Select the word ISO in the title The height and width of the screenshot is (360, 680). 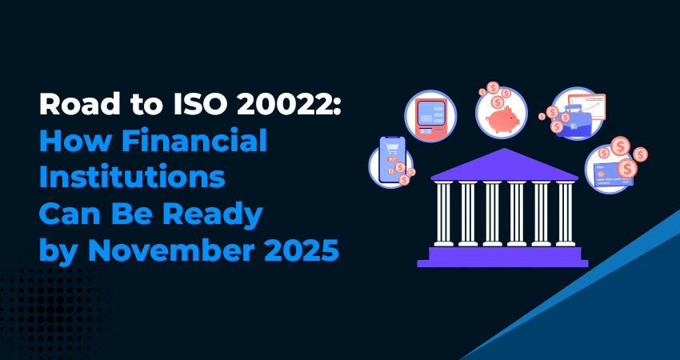(197, 105)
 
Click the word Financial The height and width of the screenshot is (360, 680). (194, 141)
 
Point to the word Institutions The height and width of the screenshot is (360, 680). (132, 178)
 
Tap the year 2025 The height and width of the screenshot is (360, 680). (293, 251)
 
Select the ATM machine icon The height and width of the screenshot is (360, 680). (430, 116)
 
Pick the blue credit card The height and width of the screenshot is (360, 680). (612, 174)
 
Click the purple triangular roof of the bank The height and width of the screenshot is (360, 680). (504, 164)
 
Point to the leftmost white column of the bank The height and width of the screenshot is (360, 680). (443, 214)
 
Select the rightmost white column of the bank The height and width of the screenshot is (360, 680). (565, 214)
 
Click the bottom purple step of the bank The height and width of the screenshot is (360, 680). (502, 263)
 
